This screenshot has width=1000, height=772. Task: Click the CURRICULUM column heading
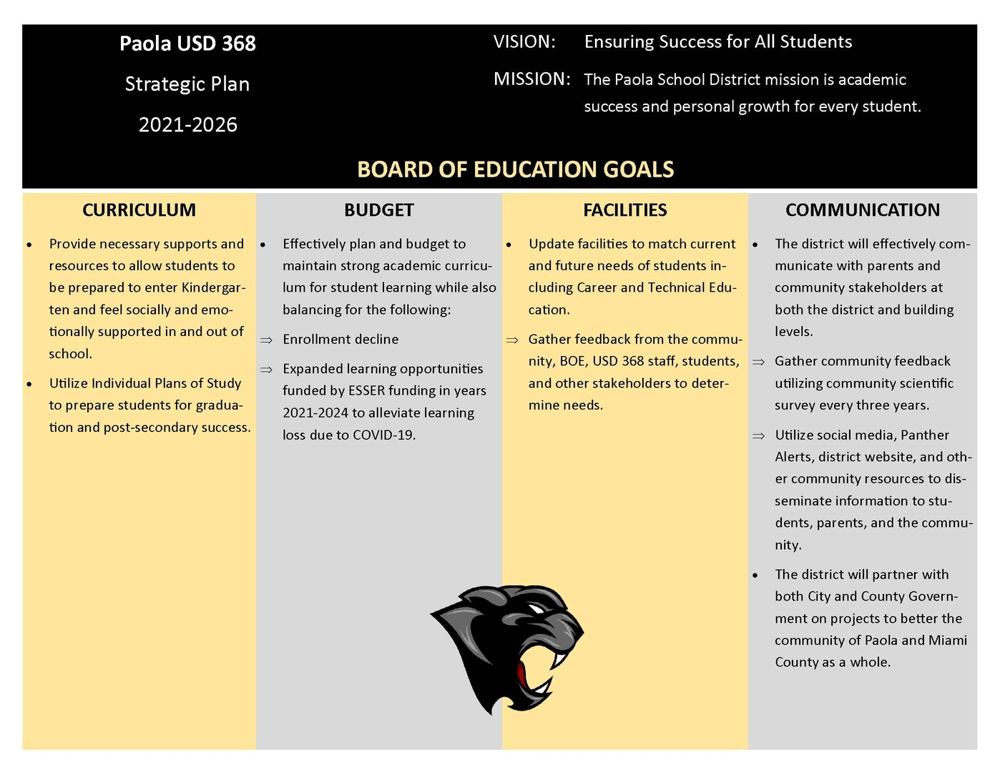(139, 210)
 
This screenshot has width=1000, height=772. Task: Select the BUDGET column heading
(378, 210)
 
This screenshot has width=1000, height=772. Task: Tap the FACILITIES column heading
(624, 210)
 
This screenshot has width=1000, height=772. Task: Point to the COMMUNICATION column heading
(862, 210)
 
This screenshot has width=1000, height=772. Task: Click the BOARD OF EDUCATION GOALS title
(515, 169)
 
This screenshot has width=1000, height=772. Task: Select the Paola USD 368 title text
(187, 44)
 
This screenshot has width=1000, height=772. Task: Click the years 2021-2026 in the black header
(187, 125)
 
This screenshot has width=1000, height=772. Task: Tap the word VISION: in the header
(524, 42)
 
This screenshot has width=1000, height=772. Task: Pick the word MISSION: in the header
(531, 79)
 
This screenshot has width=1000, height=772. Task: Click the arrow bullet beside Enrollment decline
(266, 340)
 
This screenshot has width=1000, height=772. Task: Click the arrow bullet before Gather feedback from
(512, 340)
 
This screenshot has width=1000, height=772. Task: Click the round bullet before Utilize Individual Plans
(29, 384)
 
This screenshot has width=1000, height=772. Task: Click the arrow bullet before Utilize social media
(758, 436)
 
